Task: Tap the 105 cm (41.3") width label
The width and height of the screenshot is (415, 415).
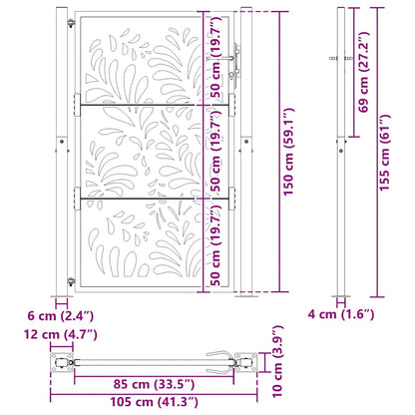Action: pos(153,402)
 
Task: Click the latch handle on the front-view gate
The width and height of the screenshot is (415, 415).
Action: pos(234,62)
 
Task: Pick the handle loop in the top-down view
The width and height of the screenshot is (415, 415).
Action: pos(218,356)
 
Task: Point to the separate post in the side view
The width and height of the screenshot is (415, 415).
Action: pos(342,150)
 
